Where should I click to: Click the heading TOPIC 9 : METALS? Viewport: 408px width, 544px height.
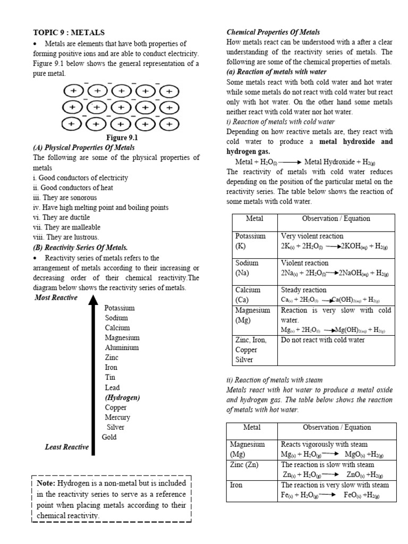tap(69, 33)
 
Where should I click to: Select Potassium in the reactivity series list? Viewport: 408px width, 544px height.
tap(120, 308)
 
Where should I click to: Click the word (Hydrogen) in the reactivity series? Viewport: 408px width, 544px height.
tap(123, 397)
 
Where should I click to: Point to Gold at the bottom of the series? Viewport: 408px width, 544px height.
tap(109, 437)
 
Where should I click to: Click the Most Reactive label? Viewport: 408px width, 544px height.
tap(56, 297)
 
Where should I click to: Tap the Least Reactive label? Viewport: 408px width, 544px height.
tap(67, 447)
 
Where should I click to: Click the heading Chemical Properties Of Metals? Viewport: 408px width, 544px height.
tap(273, 32)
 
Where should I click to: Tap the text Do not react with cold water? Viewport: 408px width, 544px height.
tap(323, 340)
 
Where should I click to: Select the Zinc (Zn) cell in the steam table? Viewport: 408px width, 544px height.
tap(244, 464)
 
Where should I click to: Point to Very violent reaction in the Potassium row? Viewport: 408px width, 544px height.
tap(312, 236)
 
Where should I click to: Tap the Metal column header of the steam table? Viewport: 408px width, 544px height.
tap(252, 427)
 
